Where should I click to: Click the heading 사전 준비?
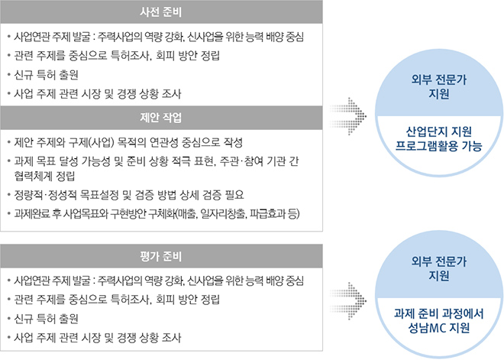tap(160, 12)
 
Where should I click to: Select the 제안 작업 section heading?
tap(160, 118)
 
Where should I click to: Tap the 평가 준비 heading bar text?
tap(160, 256)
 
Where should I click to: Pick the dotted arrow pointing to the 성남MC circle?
tap(348, 301)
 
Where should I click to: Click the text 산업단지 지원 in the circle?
tap(439, 131)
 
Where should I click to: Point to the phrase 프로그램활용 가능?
tap(439, 146)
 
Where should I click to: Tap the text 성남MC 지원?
tap(439, 328)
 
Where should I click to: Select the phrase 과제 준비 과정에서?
tap(439, 313)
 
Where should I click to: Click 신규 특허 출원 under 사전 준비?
tap(47, 75)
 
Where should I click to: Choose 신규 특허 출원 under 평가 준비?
tap(47, 319)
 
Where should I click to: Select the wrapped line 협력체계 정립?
tap(44, 176)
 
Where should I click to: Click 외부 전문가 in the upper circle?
tap(439, 79)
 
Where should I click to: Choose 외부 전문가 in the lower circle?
tap(439, 261)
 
